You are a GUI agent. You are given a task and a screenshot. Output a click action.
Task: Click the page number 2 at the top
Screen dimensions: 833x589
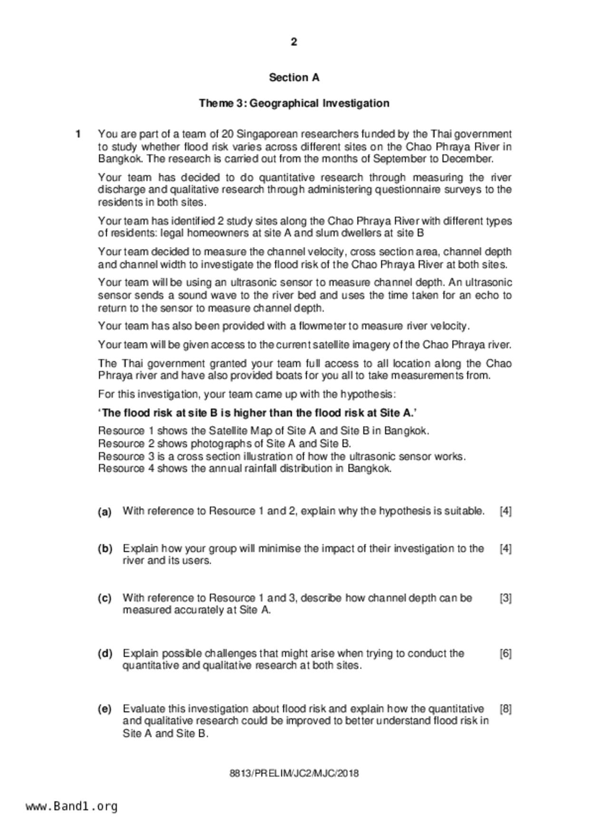(x=294, y=42)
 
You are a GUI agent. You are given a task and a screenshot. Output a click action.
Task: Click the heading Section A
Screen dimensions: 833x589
(x=294, y=77)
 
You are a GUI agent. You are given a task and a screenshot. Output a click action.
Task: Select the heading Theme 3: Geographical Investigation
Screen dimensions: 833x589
(x=294, y=103)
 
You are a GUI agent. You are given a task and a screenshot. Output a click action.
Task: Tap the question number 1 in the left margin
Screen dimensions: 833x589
(x=78, y=134)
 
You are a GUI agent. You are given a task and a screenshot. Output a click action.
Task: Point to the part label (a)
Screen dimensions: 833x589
(x=105, y=512)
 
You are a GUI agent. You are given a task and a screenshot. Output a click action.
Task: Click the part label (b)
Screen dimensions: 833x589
(x=105, y=549)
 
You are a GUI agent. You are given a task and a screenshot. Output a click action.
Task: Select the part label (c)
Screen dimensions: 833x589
(x=105, y=598)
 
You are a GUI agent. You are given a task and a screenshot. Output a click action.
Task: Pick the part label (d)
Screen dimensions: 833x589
(x=105, y=653)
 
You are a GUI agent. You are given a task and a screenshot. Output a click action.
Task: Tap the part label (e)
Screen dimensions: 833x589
(x=105, y=710)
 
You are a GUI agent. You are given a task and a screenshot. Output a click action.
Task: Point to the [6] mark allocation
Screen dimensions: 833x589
(x=505, y=653)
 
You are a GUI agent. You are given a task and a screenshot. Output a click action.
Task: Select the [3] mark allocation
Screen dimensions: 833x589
(x=505, y=598)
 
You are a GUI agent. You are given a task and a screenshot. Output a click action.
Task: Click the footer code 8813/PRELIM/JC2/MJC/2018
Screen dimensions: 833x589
(x=294, y=774)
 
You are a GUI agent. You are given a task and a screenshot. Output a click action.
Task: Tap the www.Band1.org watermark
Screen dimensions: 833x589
(x=72, y=806)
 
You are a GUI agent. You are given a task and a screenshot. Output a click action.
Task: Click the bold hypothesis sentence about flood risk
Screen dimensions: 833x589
(x=258, y=413)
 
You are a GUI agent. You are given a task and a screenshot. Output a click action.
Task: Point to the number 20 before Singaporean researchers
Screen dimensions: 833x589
(x=227, y=134)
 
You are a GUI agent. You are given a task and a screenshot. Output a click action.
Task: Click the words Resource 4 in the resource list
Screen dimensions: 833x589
(x=126, y=469)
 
